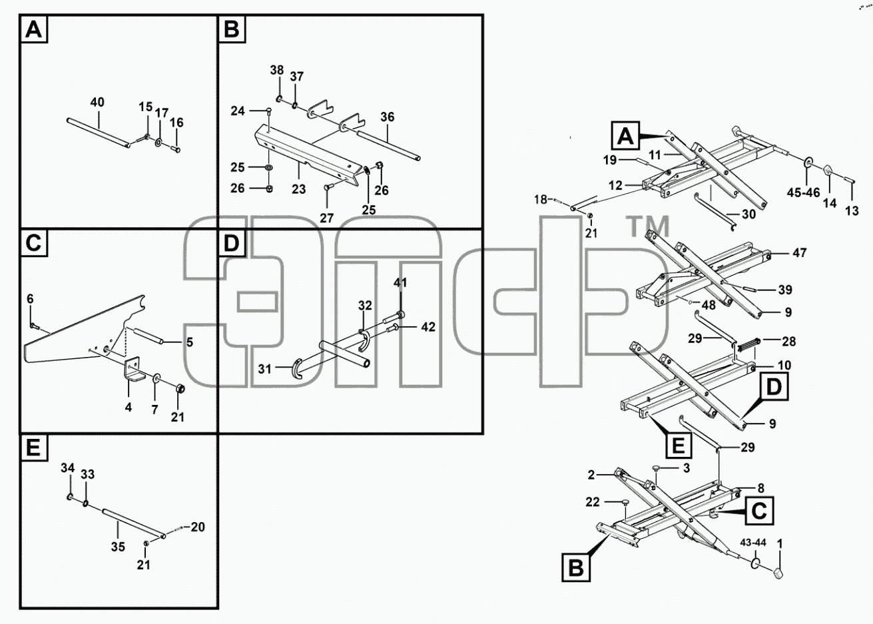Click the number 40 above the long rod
[97, 102]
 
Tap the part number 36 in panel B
[388, 117]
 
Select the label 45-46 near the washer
[803, 192]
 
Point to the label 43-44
[753, 542]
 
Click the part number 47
[800, 253]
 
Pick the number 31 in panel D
[264, 369]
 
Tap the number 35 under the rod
[118, 547]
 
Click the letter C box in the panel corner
[34, 243]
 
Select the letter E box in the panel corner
[34, 448]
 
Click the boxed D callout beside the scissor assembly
[774, 387]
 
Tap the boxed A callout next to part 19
[625, 136]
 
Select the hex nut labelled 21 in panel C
[179, 388]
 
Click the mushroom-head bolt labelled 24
[269, 112]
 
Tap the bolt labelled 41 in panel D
[394, 317]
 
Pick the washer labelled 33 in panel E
[85, 504]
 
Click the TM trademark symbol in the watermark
[648, 226]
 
